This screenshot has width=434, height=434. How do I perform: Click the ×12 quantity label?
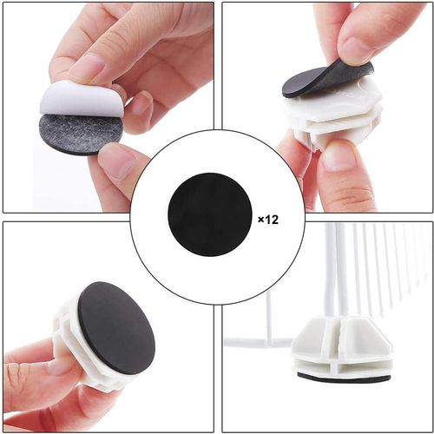click(x=268, y=220)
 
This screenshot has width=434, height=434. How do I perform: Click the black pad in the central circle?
click(x=210, y=214)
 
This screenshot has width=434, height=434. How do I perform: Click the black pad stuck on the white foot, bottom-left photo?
click(x=116, y=328)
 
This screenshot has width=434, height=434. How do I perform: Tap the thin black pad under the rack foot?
click(x=344, y=377)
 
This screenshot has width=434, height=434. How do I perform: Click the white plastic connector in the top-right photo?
click(x=332, y=115)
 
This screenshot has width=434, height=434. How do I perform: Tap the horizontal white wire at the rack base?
click(x=259, y=344)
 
